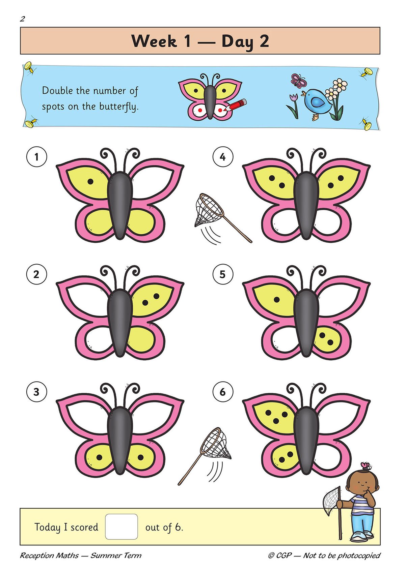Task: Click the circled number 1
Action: (36, 157)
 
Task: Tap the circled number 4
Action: (223, 157)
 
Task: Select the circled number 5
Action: (223, 274)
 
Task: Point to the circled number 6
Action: (223, 392)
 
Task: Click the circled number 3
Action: (36, 392)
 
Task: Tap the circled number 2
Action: (36, 274)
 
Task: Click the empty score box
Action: (122, 526)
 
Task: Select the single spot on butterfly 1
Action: (90, 181)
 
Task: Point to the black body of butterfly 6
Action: (306, 438)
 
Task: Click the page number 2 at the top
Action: (22, 19)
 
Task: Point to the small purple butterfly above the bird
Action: (298, 81)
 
